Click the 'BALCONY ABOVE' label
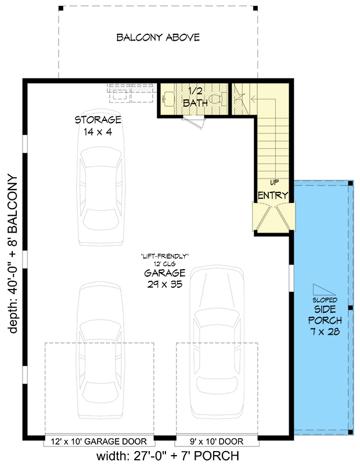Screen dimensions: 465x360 point(158,38)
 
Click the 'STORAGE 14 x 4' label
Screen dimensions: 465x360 point(98,126)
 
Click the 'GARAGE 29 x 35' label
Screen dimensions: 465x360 point(165,278)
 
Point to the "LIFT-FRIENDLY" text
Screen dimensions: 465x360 point(165,256)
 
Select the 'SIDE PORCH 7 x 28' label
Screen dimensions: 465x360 point(325,320)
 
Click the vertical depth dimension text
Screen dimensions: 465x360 point(13,253)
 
